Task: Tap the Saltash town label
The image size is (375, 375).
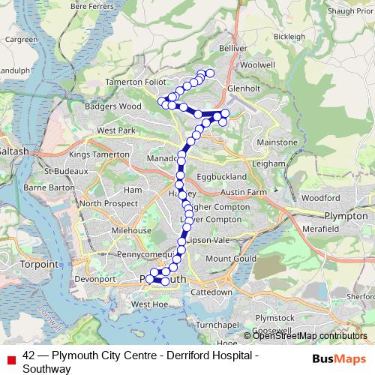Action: point(14,151)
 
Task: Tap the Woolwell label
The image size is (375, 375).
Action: point(259,65)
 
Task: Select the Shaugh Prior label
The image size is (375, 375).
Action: point(350,11)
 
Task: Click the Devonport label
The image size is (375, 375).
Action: point(95,279)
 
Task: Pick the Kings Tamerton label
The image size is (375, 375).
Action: point(99,154)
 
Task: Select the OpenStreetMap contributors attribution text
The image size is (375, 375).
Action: point(308,336)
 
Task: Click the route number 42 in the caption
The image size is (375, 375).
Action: point(28,356)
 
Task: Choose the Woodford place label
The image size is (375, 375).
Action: point(323,197)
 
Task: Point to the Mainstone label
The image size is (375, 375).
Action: point(277,142)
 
